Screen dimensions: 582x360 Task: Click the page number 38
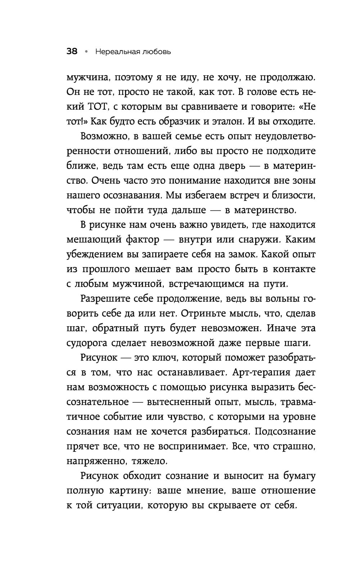pyautogui.click(x=72, y=52)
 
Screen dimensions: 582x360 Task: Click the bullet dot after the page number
pyautogui.click(x=86, y=52)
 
